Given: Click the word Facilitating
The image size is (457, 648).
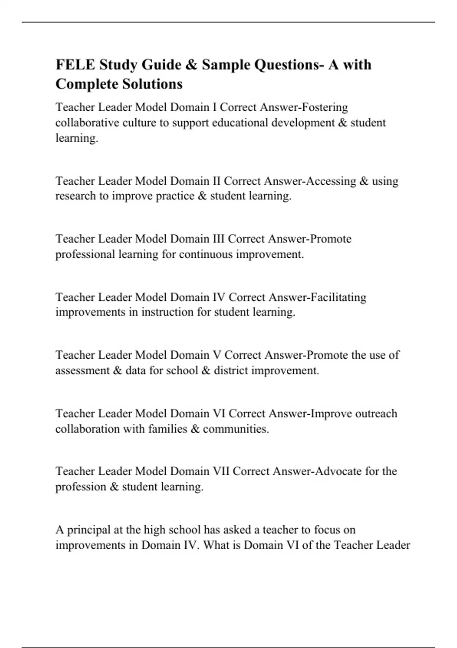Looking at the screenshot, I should [x=338, y=297].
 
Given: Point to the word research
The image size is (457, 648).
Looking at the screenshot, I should [x=75, y=196].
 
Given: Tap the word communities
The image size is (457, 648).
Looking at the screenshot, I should [x=235, y=429].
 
